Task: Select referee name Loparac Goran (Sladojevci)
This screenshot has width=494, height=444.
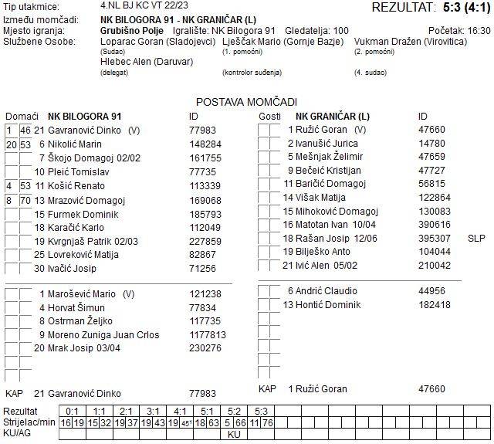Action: tap(158, 41)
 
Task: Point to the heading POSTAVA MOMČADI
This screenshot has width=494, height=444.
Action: tap(246, 102)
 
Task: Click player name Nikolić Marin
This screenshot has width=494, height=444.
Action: tap(75, 144)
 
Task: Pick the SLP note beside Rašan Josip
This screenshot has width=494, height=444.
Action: tap(476, 238)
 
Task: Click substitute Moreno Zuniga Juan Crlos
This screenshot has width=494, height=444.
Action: tap(100, 334)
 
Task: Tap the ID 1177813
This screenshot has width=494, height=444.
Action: tap(208, 334)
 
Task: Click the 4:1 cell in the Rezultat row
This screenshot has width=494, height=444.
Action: tap(181, 412)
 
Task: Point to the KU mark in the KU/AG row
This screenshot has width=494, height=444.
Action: tap(235, 434)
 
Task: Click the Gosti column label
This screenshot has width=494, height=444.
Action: tap(269, 116)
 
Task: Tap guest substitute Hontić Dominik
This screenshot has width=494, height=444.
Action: tap(322, 304)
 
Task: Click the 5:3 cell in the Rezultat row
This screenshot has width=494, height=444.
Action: tap(262, 412)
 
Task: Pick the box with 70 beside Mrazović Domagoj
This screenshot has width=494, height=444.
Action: tap(25, 200)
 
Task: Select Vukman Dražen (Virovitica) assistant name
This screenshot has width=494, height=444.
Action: tap(410, 41)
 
